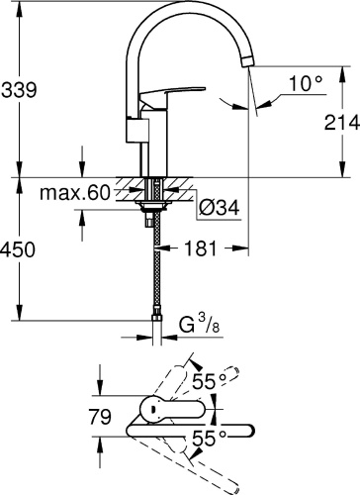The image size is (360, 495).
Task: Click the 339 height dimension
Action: point(20,90)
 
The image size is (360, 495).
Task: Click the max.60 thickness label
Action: point(72,191)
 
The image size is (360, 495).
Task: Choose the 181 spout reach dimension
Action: point(202,250)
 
